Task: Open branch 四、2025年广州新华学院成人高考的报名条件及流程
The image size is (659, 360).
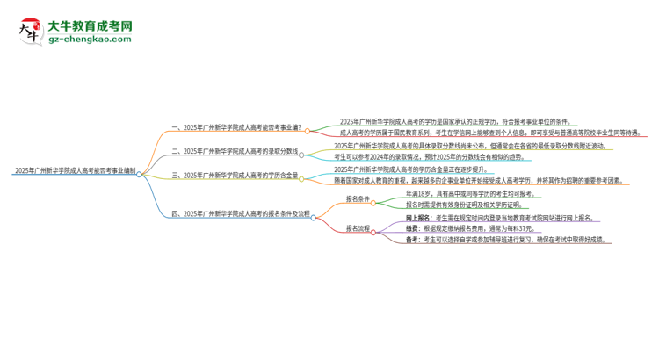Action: (x=240, y=212)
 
